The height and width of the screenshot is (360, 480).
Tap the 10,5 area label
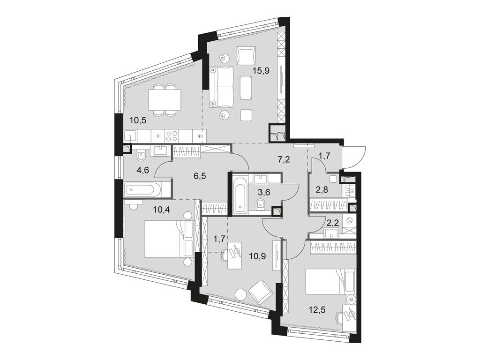click(138, 120)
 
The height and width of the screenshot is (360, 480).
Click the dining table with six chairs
click(165, 99)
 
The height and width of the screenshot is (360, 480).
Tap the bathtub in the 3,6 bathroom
click(240, 194)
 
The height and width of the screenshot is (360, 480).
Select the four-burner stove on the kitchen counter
click(172, 135)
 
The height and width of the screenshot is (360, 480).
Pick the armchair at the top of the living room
click(246, 55)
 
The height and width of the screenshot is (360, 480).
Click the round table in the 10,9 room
click(240, 294)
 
